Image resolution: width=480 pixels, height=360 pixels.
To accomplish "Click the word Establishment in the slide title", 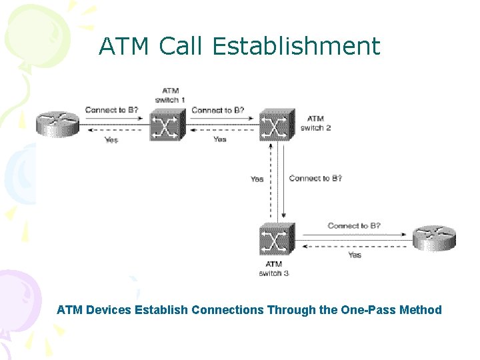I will (296, 47).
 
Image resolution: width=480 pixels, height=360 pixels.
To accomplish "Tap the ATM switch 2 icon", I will (276, 125).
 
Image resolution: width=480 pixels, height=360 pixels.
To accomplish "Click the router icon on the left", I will (58, 125).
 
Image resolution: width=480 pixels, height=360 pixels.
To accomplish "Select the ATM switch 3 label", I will (273, 269).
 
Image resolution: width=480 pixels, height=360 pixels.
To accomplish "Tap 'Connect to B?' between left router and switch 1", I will (111, 110).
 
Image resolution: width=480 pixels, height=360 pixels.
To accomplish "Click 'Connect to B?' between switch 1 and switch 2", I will (217, 110).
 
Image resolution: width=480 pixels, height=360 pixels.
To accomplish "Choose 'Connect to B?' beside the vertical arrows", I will (315, 178).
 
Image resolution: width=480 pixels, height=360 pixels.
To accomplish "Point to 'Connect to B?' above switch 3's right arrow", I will (353, 226).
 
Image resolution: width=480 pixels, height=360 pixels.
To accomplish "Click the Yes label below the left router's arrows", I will (111, 139).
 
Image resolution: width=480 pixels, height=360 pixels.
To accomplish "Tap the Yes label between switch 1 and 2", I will (219, 139).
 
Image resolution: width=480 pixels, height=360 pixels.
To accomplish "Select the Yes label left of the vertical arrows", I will (257, 179).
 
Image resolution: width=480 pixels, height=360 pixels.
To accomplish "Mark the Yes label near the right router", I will (355, 255).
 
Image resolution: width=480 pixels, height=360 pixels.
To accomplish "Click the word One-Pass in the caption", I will (368, 310).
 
